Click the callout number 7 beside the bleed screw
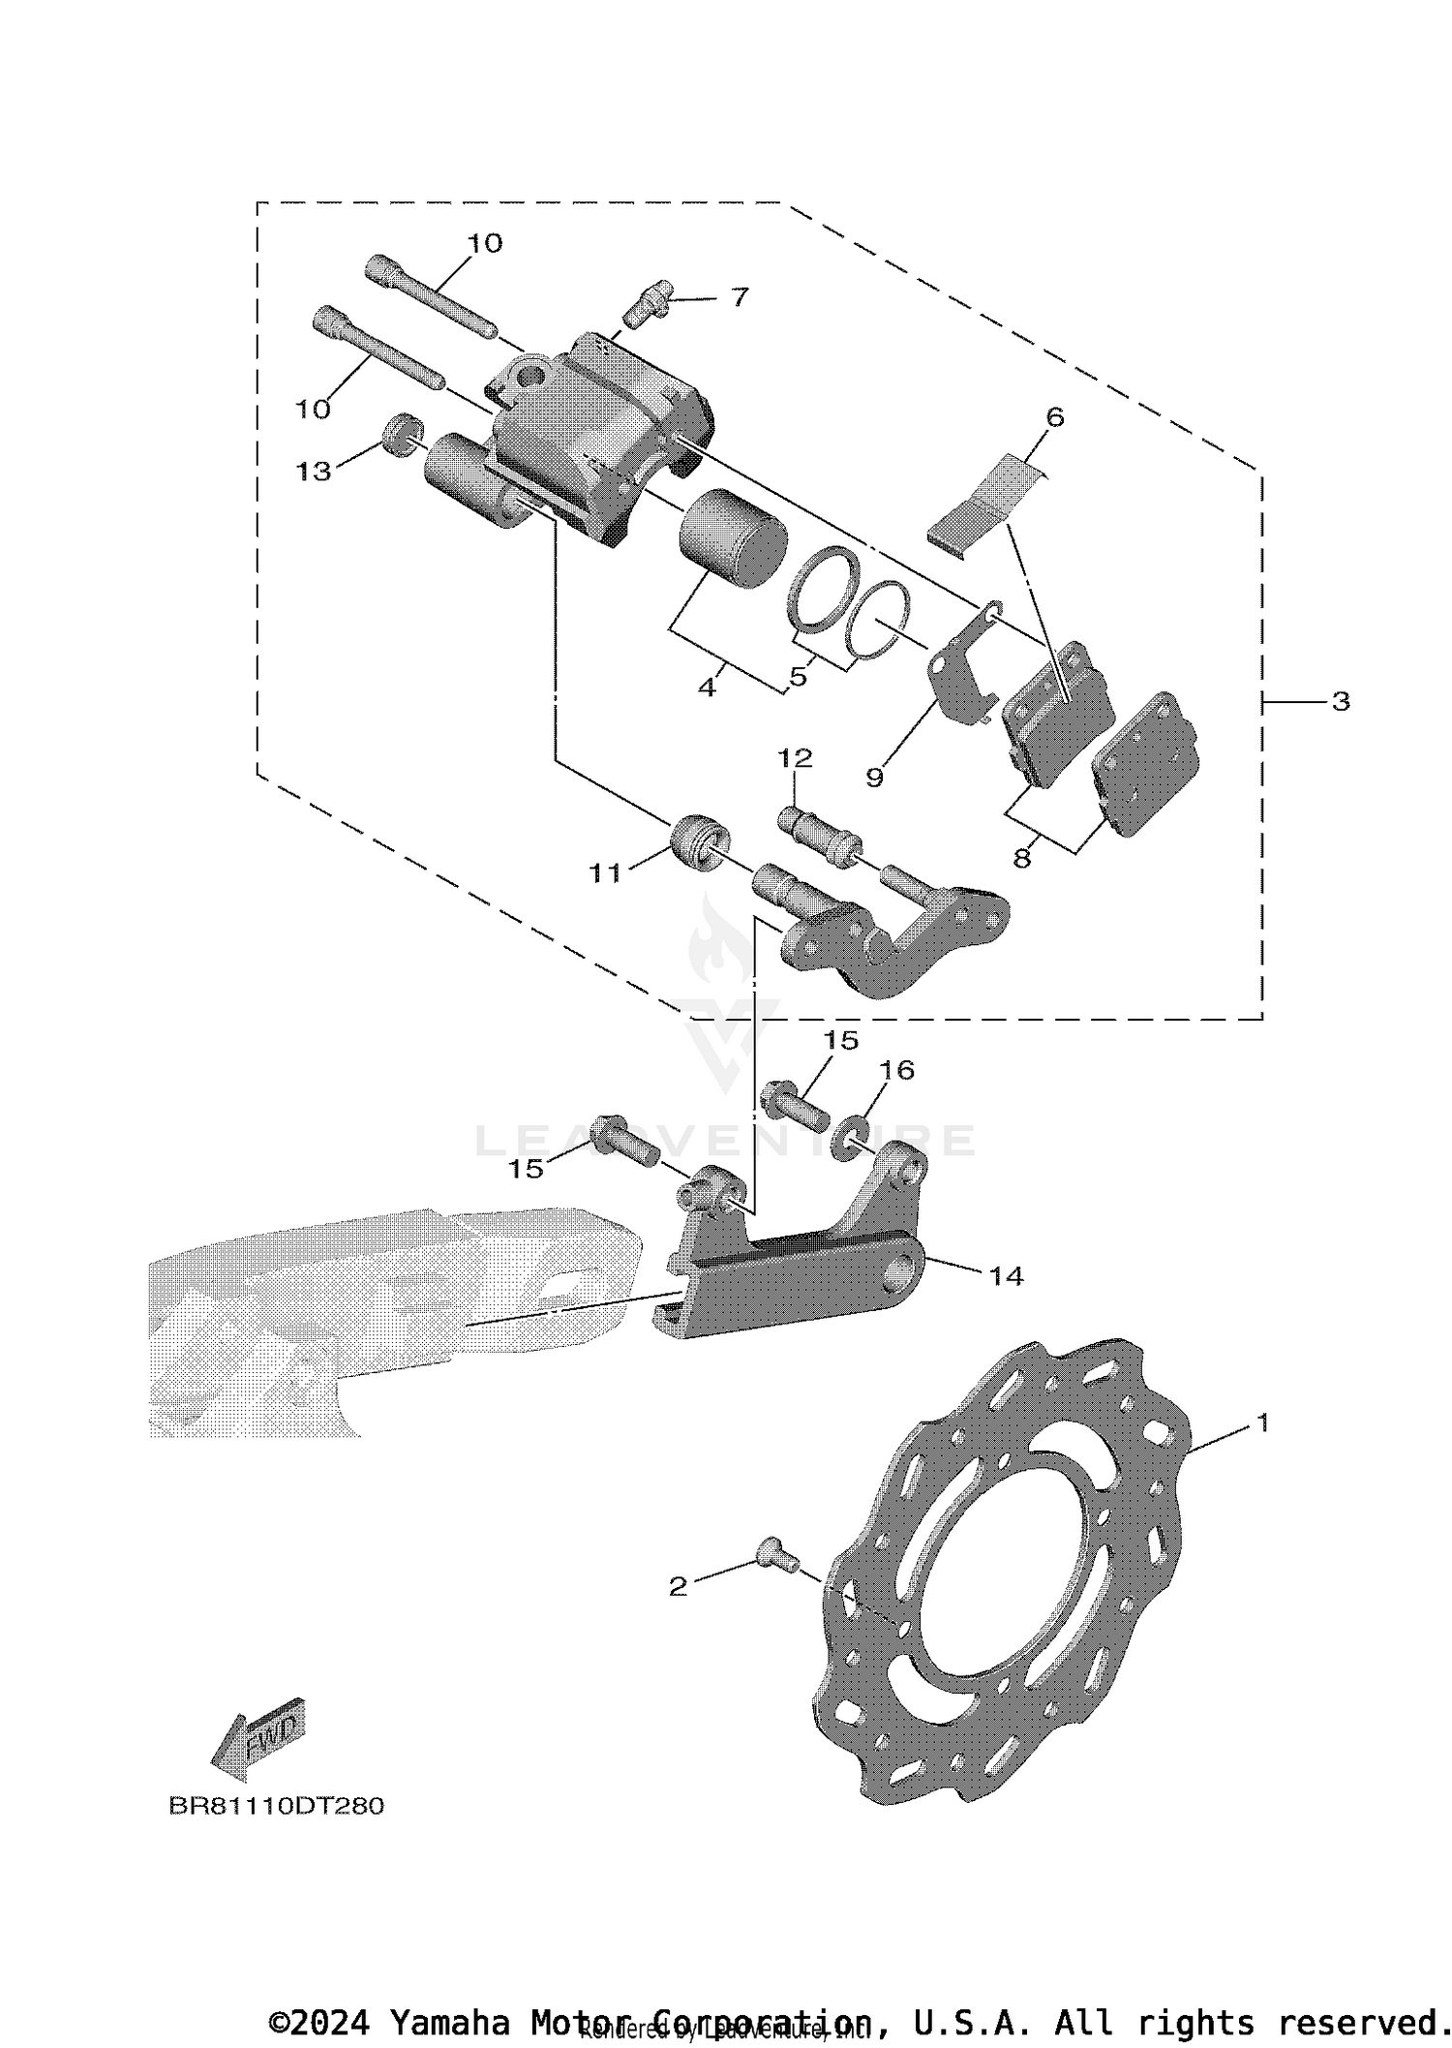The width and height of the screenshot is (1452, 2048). [740, 297]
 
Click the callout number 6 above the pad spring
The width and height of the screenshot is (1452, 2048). [1054, 417]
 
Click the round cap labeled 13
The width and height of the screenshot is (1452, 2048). [402, 433]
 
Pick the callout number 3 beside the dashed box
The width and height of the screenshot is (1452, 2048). [1340, 700]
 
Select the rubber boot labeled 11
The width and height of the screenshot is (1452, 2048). [697, 843]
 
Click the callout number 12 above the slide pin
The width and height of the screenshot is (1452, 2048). [795, 757]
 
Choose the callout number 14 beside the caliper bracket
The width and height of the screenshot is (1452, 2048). [1006, 1275]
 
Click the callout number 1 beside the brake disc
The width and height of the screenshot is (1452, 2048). [1261, 1422]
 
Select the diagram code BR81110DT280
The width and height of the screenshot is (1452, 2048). [276, 1806]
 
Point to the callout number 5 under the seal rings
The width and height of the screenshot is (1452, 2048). [798, 676]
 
